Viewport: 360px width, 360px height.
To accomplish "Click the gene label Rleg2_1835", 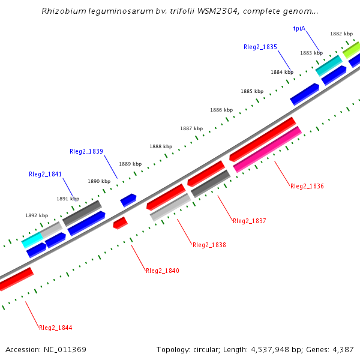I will pyautogui.click(x=260, y=47).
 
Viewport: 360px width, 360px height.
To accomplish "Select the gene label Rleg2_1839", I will pyautogui.click(x=86, y=151).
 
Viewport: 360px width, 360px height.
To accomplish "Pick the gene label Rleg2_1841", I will pyautogui.click(x=45, y=174).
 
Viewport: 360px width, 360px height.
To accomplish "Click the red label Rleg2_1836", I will pyautogui.click(x=307, y=187).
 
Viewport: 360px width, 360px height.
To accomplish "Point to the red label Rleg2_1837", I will pyautogui.click(x=249, y=221).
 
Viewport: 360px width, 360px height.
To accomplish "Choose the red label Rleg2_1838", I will pyautogui.click(x=209, y=245).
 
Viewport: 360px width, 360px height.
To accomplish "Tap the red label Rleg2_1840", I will pyautogui.click(x=163, y=271).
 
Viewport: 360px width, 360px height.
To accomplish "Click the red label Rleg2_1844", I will pyautogui.click(x=56, y=328).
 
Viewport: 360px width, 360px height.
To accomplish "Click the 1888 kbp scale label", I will pyautogui.click(x=161, y=146).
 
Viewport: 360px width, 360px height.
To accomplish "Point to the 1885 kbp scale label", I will pyautogui.click(x=252, y=91).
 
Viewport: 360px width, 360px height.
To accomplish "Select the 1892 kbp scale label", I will pyautogui.click(x=36, y=215).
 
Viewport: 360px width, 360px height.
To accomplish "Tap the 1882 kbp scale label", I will pyautogui.click(x=341, y=34).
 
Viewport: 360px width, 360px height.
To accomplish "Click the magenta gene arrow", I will pyautogui.click(x=267, y=149).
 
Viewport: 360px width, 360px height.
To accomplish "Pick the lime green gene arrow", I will pyautogui.click(x=352, y=50).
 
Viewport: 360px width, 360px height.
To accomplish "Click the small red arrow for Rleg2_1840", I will pyautogui.click(x=120, y=223).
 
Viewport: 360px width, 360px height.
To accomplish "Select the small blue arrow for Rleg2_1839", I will pyautogui.click(x=128, y=200).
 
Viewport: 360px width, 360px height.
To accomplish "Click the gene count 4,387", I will pyautogui.click(x=343, y=349).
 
